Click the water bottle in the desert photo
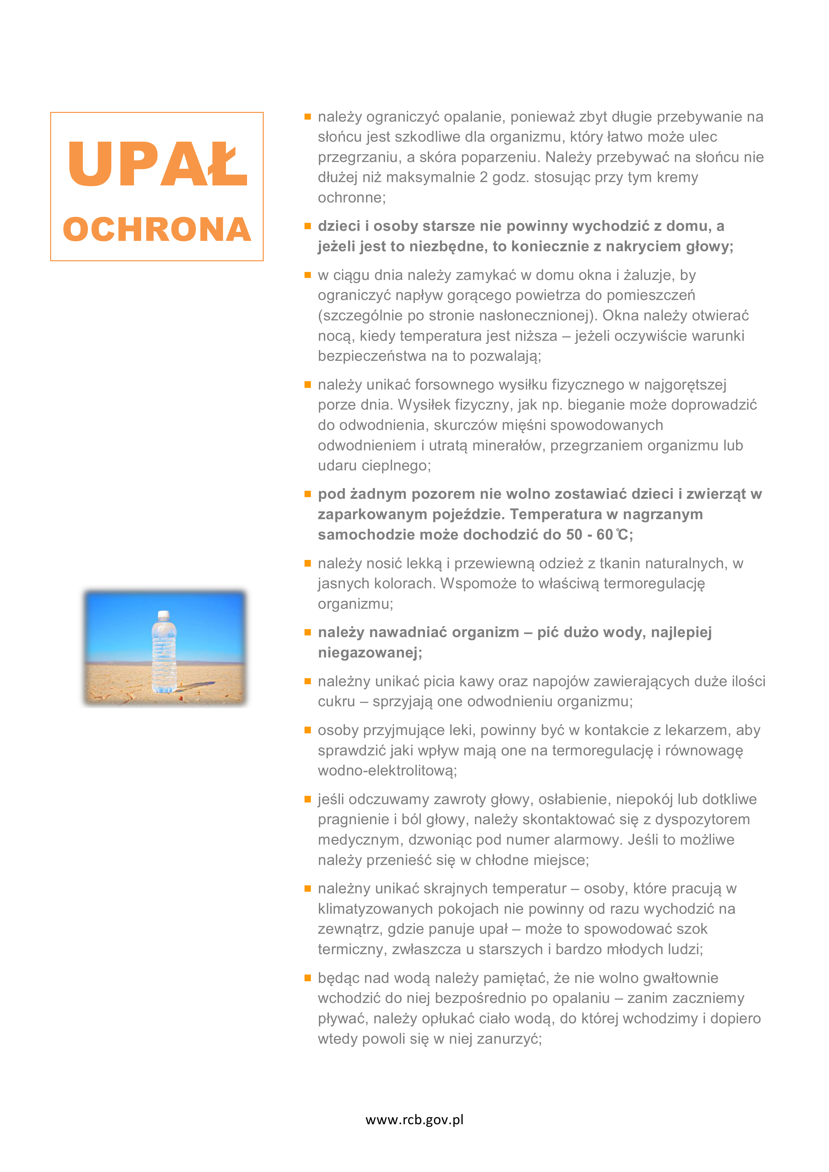(x=164, y=653)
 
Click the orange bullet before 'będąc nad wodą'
(x=308, y=978)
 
